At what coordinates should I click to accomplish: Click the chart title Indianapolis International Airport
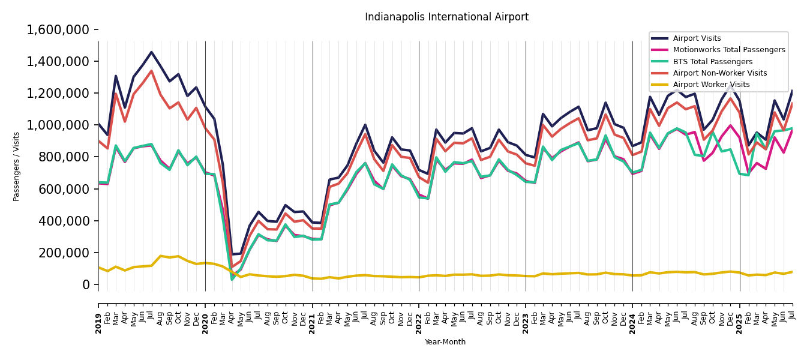(446, 17)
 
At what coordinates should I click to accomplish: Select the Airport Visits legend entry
(697, 38)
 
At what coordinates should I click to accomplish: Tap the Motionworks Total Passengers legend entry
(728, 50)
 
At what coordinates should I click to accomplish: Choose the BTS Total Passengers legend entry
(712, 62)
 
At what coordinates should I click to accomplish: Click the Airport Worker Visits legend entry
(711, 85)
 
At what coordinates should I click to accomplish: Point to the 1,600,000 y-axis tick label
(58, 29)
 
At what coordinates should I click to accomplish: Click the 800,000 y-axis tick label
(65, 157)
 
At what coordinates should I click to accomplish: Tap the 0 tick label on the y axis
(86, 284)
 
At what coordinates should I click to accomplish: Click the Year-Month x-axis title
(445, 342)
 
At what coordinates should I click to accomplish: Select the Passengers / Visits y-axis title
(17, 166)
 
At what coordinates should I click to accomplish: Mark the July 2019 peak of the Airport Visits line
(151, 52)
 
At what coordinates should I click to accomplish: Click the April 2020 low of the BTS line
(232, 279)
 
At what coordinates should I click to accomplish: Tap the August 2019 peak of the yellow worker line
(160, 256)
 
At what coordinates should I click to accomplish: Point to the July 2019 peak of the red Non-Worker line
(151, 71)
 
